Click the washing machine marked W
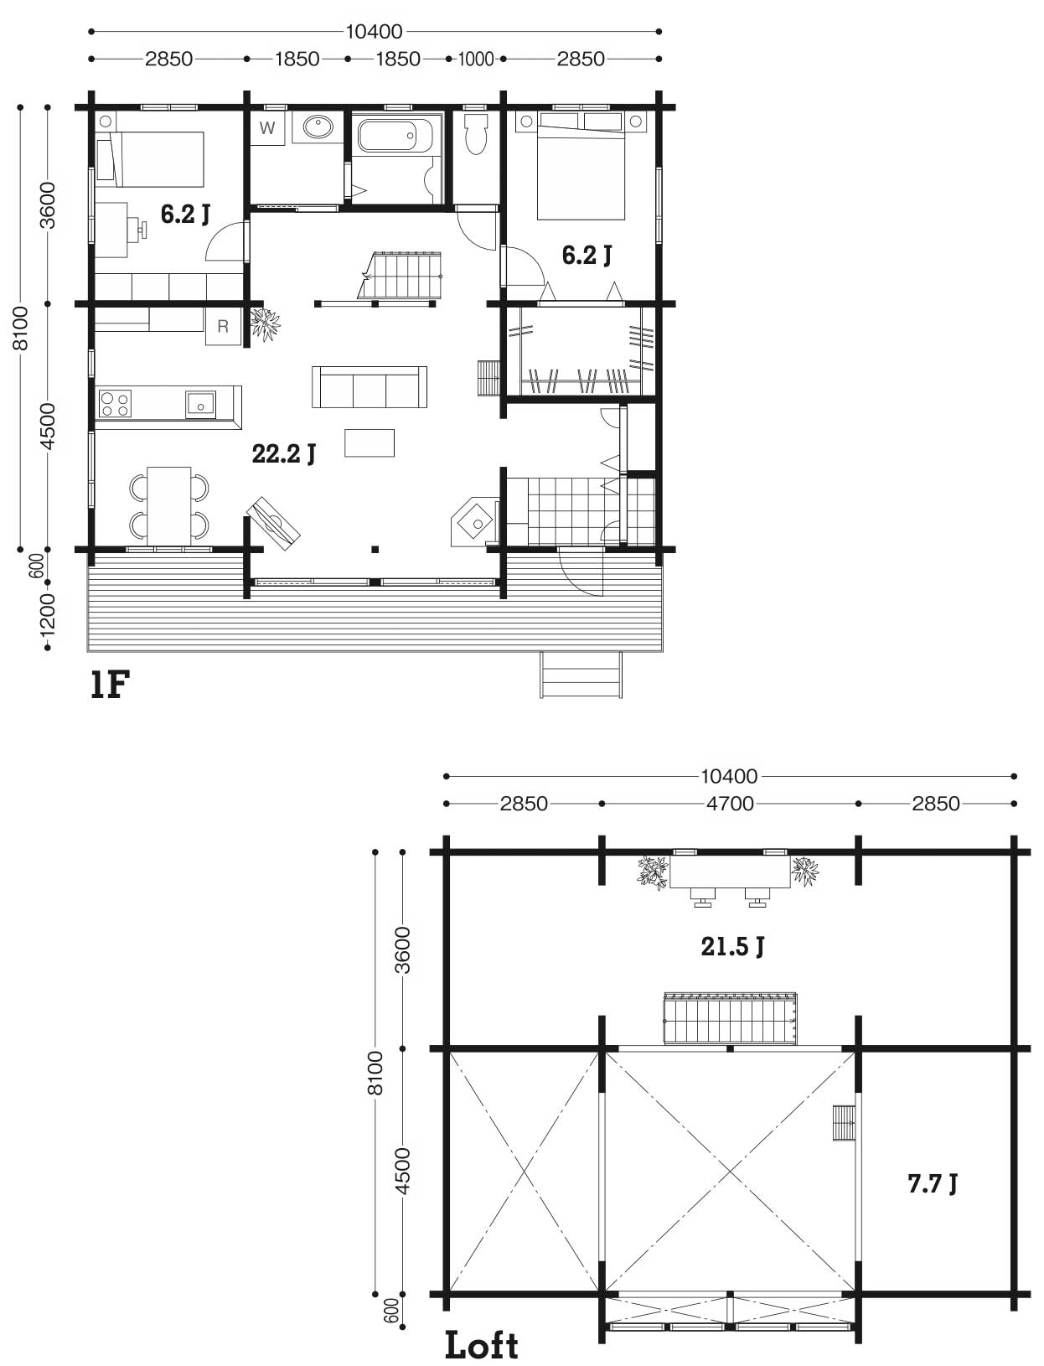pyautogui.click(x=267, y=128)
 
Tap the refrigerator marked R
pyautogui.click(x=223, y=325)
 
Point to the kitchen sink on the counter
pyautogui.click(x=200, y=405)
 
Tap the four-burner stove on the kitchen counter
pyautogui.click(x=115, y=403)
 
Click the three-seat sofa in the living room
pyautogui.click(x=369, y=387)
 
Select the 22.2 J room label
pyautogui.click(x=284, y=453)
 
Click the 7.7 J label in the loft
pyautogui.click(x=932, y=1183)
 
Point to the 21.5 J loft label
pyautogui.click(x=732, y=946)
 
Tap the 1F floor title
pyautogui.click(x=110, y=685)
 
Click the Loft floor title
pyautogui.click(x=482, y=1345)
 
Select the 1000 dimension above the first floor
pyautogui.click(x=476, y=60)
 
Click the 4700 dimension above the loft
pyautogui.click(x=730, y=804)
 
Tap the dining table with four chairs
pyautogui.click(x=169, y=506)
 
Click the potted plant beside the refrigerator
pyautogui.click(x=266, y=323)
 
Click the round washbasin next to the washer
pyautogui.click(x=318, y=127)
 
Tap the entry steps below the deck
pyautogui.click(x=581, y=675)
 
